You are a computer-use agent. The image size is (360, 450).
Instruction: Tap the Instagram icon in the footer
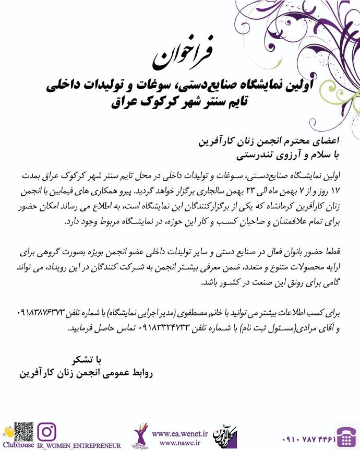[x=48, y=432]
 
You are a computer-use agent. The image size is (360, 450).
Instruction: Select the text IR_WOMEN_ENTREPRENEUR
[x=79, y=446]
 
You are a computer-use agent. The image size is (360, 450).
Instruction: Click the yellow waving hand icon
[x=7, y=431]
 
